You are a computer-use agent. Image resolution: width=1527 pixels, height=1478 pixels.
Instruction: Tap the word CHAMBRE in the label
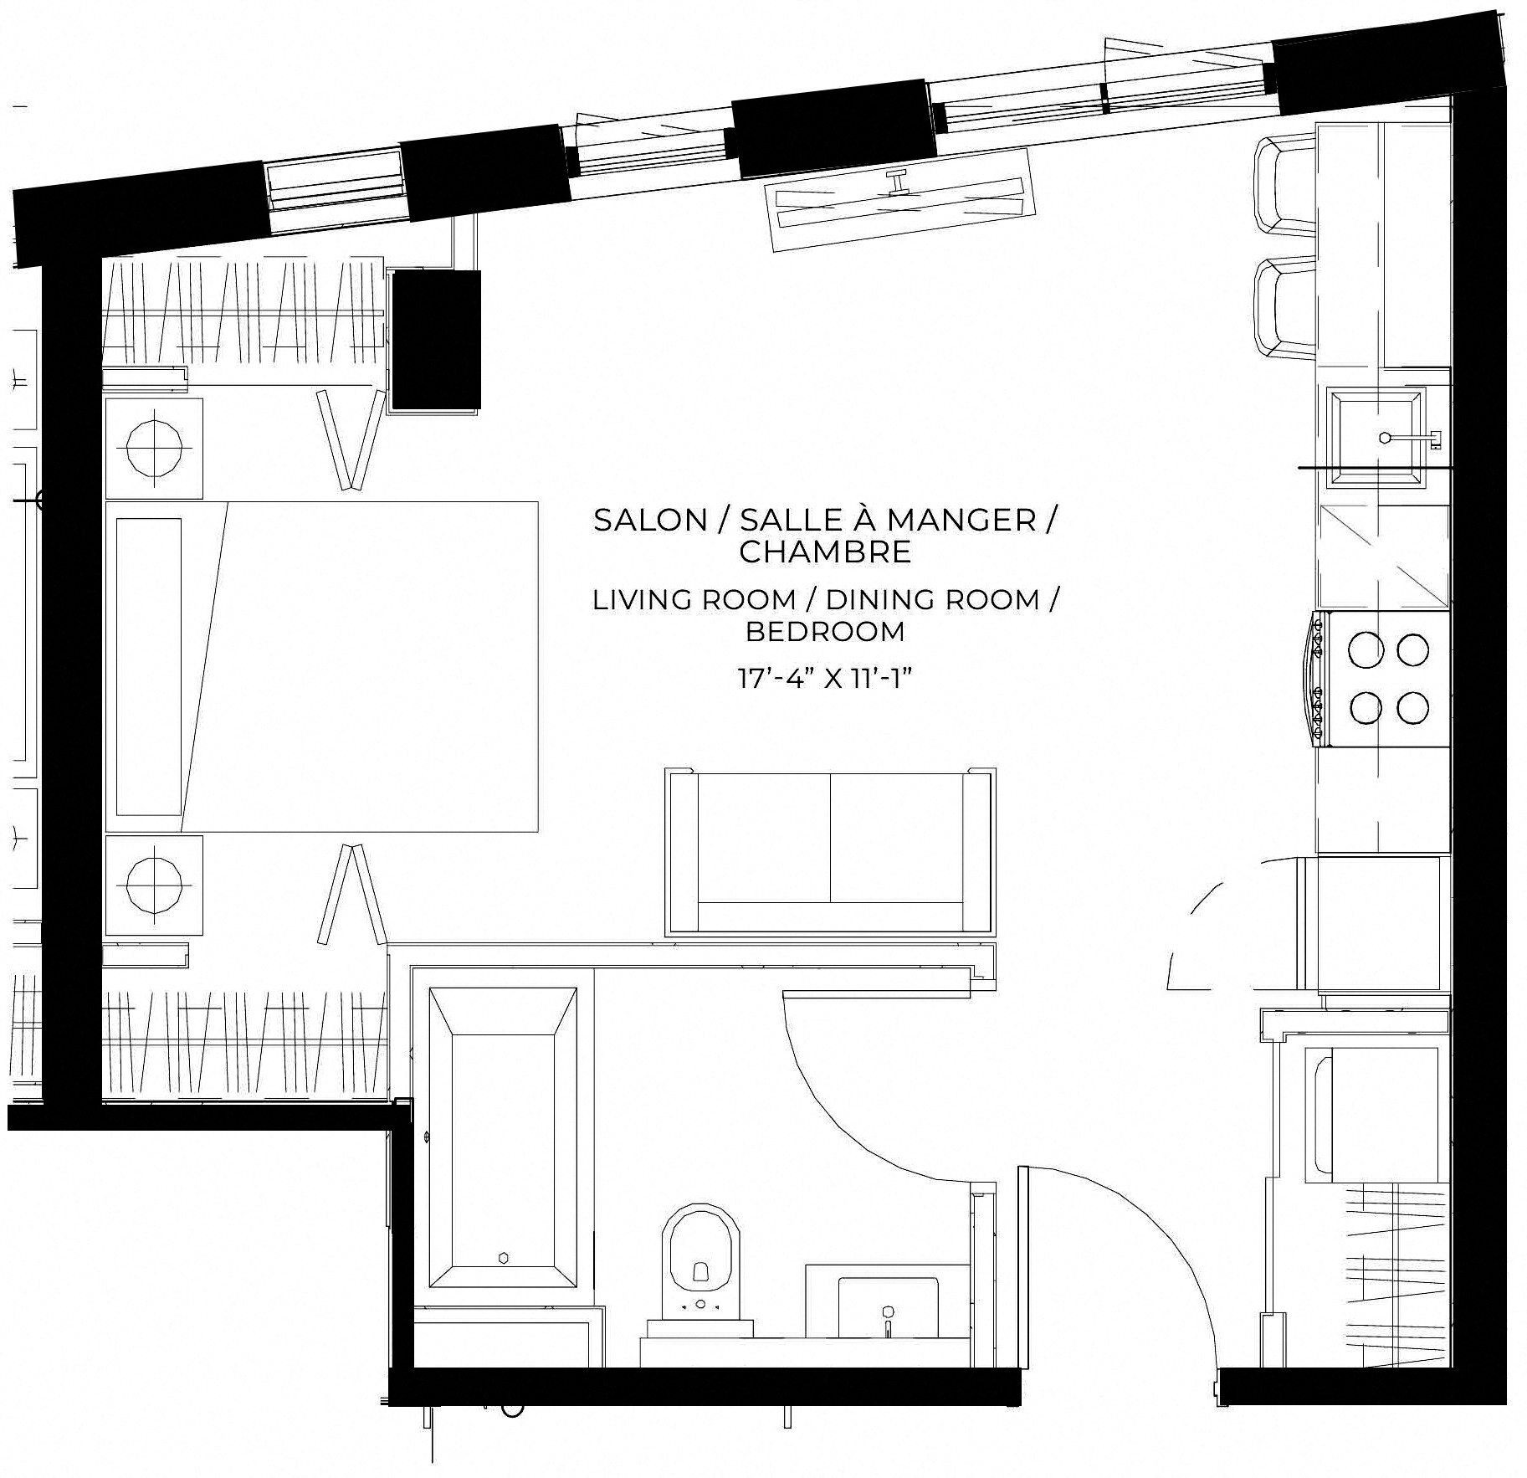(825, 552)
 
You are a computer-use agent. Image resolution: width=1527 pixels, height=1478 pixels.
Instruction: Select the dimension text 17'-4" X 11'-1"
(824, 678)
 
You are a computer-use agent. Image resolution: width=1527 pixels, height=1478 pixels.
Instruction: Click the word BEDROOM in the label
(825, 631)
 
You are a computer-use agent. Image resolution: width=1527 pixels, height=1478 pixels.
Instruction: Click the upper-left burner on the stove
(1366, 650)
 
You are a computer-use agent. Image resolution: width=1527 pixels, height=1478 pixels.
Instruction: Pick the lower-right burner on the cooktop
(1413, 708)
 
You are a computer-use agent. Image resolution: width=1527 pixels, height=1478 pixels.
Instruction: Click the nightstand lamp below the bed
(154, 885)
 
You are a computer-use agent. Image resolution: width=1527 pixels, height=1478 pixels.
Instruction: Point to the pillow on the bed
(149, 666)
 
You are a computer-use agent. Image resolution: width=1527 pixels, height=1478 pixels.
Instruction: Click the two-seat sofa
(830, 851)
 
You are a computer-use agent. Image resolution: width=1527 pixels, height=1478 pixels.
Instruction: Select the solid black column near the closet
(436, 340)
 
